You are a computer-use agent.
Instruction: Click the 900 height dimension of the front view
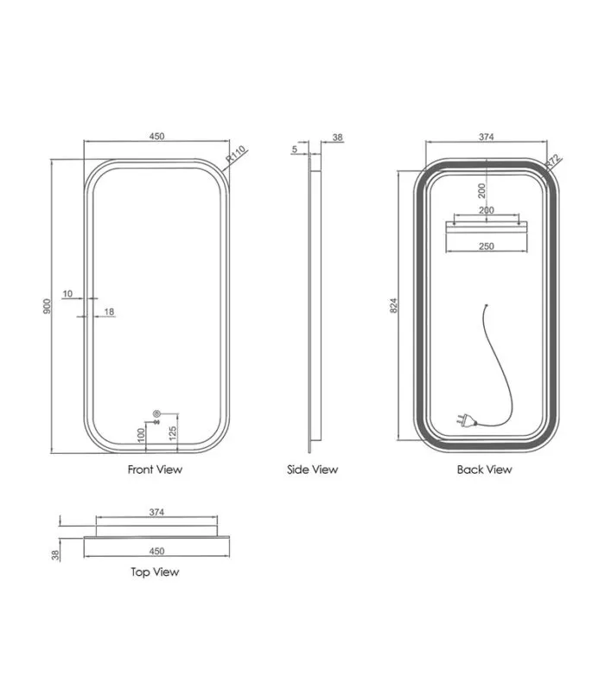(x=47, y=306)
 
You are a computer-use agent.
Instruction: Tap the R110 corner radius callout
(x=235, y=155)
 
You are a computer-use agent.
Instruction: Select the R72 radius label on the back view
(x=552, y=162)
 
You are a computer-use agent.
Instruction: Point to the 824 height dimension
(x=394, y=305)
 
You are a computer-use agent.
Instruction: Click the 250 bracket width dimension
(x=487, y=246)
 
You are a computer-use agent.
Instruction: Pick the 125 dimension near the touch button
(x=173, y=433)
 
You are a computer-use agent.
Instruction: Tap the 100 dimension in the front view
(x=141, y=435)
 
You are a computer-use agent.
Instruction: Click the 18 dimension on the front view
(x=109, y=311)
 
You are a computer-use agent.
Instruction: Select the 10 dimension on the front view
(x=67, y=293)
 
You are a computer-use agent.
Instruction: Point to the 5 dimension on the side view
(x=295, y=150)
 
